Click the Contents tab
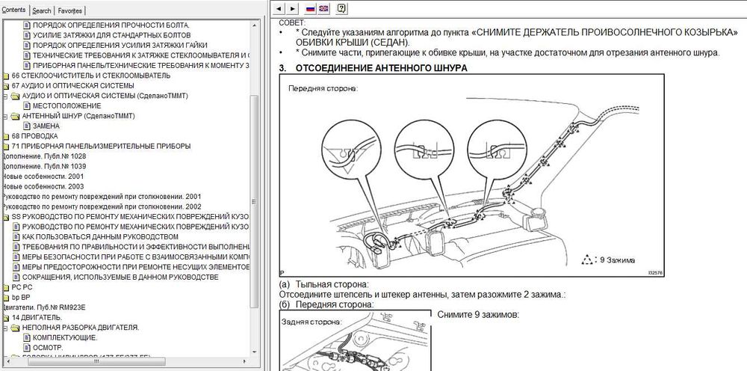pyautogui.click(x=13, y=10)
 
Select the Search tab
pyautogui.click(x=42, y=11)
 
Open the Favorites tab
pyautogui.click(x=71, y=11)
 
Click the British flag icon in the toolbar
pyautogui.click(x=323, y=9)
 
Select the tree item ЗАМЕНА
pyautogui.click(x=46, y=126)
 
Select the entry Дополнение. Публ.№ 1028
pyautogui.click(x=44, y=156)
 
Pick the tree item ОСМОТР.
pyautogui.click(x=49, y=348)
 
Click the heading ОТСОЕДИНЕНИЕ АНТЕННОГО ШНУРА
pyautogui.click(x=382, y=68)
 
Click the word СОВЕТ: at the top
pyautogui.click(x=291, y=23)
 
